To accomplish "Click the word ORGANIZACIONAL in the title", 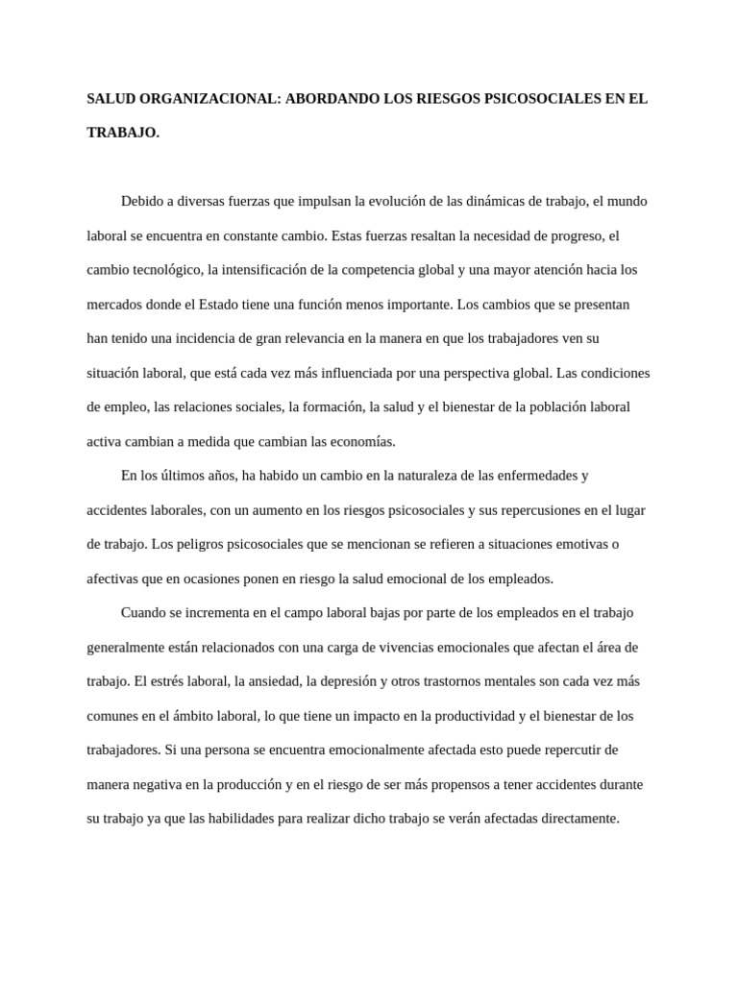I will tap(205, 98).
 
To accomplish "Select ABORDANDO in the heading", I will tap(329, 98).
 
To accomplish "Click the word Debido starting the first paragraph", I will tap(141, 202).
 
